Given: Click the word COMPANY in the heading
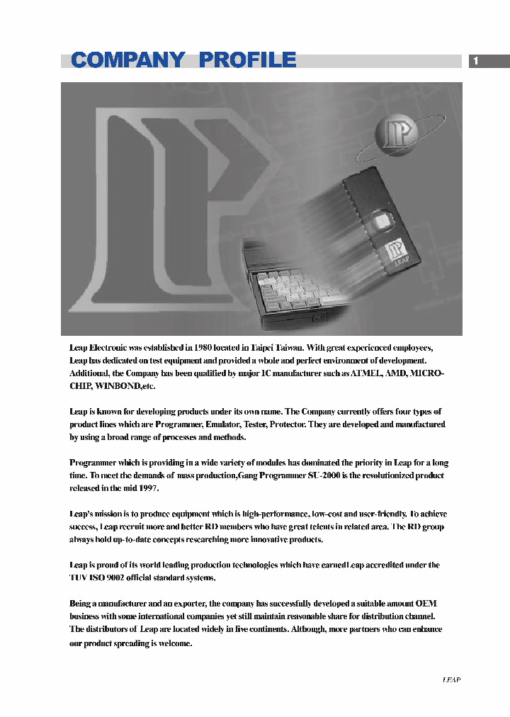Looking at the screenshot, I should coord(128,60).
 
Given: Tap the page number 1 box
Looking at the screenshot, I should coord(476,61).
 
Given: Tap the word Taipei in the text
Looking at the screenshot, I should coord(268,347).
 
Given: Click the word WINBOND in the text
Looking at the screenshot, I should coord(116,386).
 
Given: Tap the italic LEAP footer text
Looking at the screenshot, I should coord(451,679).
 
